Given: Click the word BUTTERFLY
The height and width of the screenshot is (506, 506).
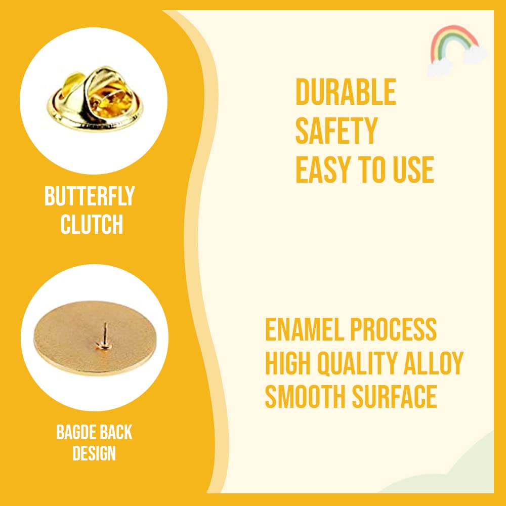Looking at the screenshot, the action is coord(90,196).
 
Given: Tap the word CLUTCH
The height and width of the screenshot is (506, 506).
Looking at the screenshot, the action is coord(92,224).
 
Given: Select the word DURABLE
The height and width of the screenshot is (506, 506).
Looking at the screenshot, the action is coord(346,92).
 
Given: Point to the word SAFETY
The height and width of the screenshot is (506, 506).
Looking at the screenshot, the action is coord(336,131).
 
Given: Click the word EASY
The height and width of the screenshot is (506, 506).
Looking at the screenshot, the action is coord(324,170).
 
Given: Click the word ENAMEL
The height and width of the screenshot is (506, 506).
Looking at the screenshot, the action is coord(304,329).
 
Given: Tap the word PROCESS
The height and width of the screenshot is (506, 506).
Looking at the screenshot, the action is coord(393,329).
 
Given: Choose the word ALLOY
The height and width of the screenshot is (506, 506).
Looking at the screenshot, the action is coord(434,363).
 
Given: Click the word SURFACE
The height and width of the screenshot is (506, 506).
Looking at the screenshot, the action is coord(394,397).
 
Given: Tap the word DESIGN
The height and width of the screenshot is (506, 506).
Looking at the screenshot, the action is coord(94,453).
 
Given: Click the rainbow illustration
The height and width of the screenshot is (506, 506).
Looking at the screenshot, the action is coord(456,50).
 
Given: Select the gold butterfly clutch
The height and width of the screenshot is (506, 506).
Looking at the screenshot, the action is coord(95,99).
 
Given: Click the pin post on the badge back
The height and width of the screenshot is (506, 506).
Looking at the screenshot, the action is coord(104,336).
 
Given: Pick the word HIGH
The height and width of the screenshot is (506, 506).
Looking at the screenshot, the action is coord(288,363).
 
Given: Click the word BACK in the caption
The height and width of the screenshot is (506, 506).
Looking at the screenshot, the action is coord(116,432).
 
